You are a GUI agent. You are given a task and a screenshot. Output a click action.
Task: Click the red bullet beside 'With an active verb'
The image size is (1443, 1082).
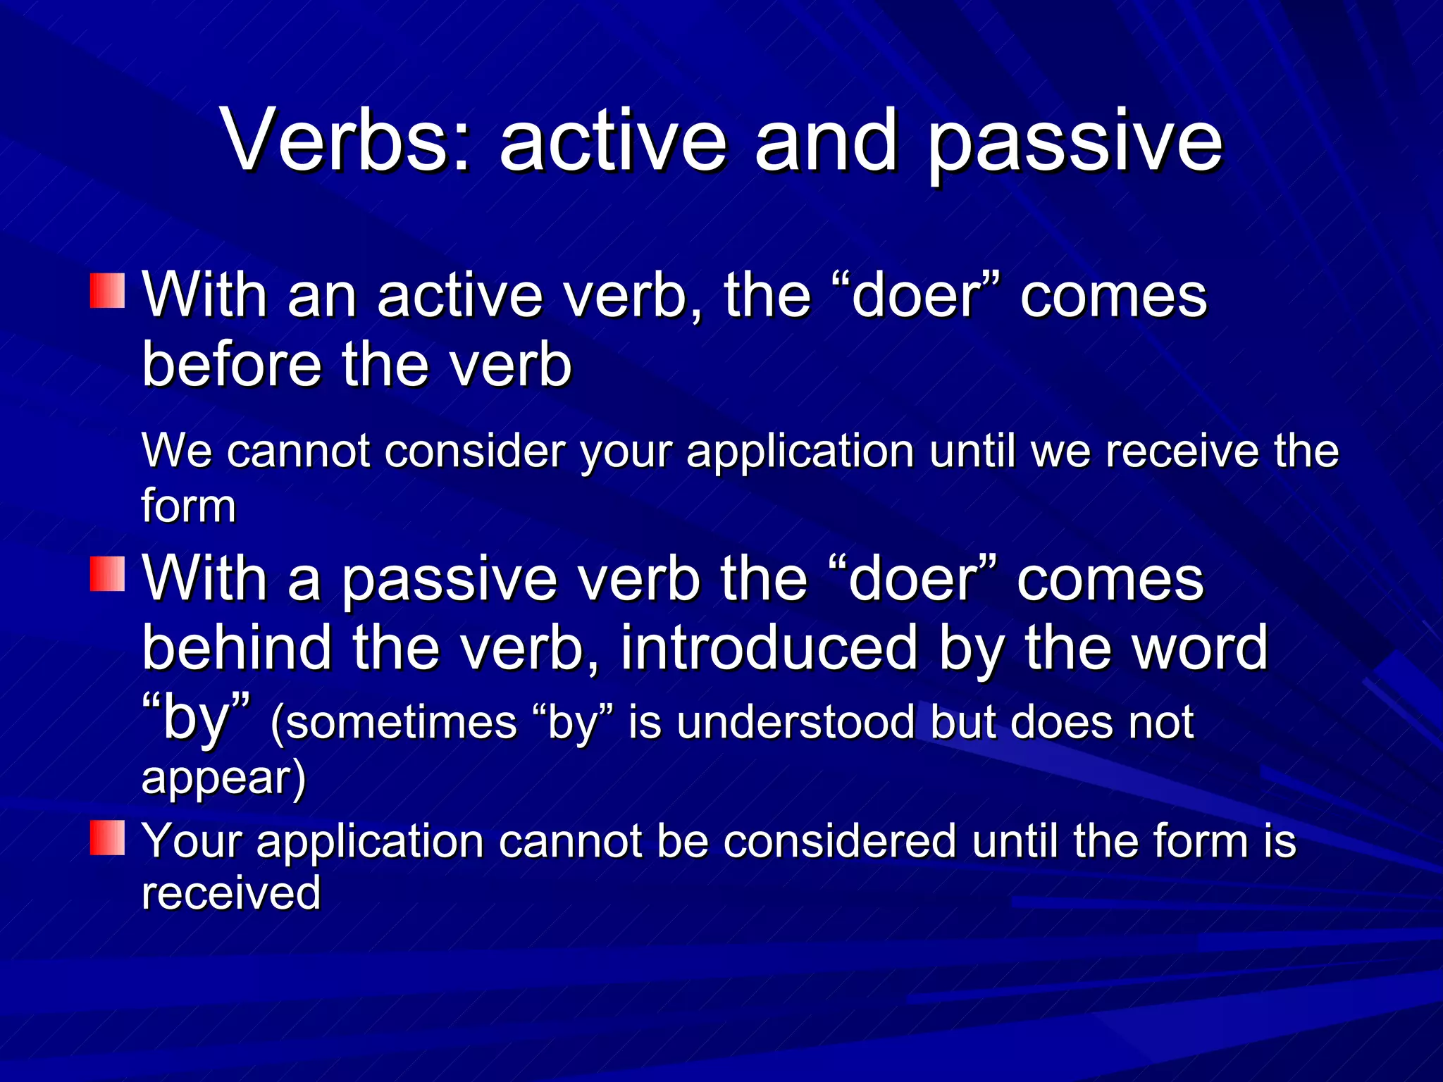[x=107, y=290]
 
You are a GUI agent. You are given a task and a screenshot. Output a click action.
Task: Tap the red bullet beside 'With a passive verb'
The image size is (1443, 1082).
[x=107, y=573]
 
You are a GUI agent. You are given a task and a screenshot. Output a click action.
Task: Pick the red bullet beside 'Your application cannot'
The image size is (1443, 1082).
[x=107, y=838]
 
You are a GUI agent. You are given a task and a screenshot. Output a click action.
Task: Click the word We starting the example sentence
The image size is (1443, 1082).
[x=176, y=451]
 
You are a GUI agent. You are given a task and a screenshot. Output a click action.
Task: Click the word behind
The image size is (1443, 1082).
[x=237, y=647]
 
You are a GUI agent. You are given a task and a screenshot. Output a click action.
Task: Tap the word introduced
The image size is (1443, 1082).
[x=769, y=647]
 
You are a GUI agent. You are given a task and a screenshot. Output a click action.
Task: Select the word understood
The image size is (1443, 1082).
[x=795, y=722]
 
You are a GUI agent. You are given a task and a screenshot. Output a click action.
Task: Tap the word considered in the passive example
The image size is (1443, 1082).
[x=839, y=841]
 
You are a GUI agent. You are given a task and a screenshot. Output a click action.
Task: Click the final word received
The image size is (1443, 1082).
[x=231, y=893]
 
